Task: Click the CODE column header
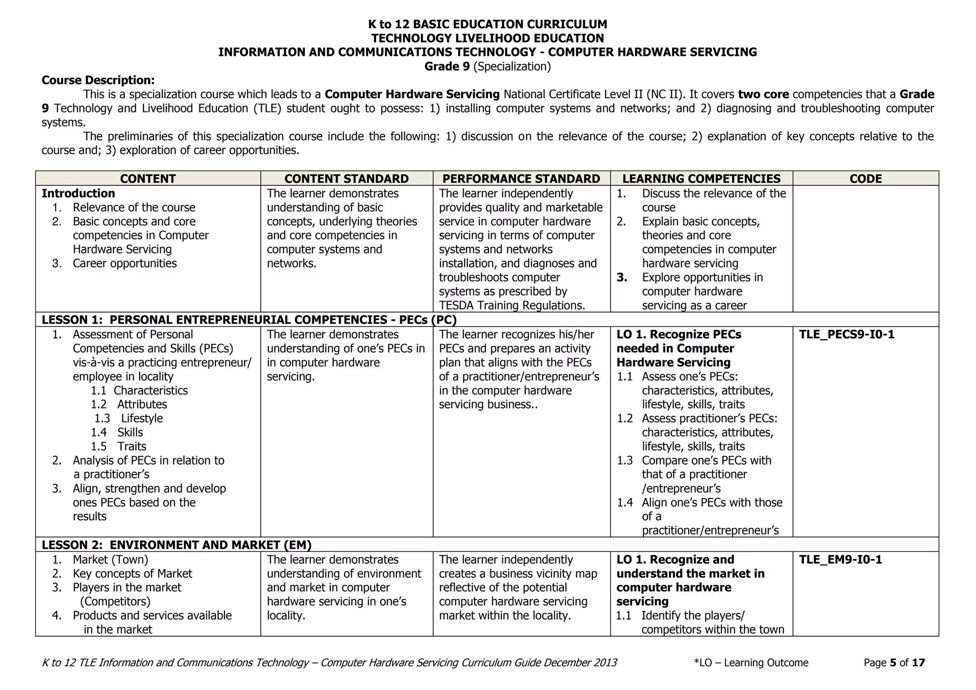(865, 179)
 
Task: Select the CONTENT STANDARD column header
(346, 179)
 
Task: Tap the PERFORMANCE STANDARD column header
(521, 179)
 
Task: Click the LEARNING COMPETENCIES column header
(701, 179)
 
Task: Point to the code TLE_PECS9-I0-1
(846, 335)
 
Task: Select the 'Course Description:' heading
(98, 80)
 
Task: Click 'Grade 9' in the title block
(447, 66)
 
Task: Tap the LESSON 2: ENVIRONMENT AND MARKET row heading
(176, 545)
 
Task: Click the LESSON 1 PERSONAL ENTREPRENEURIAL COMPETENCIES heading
(249, 320)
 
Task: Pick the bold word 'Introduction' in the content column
(78, 193)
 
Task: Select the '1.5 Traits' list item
(119, 446)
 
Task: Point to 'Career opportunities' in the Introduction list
(124, 264)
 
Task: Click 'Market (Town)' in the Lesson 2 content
(110, 559)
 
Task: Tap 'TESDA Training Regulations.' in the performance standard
(512, 305)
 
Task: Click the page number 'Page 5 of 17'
(894, 663)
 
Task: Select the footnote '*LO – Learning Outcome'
(751, 663)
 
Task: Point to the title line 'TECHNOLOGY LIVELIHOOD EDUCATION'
(488, 38)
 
